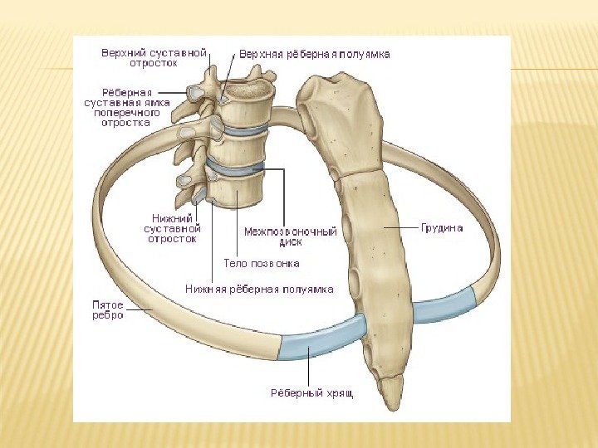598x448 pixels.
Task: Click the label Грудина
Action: click(442, 227)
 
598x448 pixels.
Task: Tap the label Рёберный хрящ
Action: click(311, 392)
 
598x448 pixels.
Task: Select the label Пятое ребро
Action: click(108, 309)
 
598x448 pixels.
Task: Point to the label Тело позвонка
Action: click(262, 263)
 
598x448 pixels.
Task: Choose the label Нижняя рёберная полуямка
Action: click(259, 290)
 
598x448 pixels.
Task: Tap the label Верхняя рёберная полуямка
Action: click(315, 54)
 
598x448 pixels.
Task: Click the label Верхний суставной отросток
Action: click(154, 57)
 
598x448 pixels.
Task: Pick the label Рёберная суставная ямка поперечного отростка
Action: click(126, 107)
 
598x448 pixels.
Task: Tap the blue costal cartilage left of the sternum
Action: click(322, 337)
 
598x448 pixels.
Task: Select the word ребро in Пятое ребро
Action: click(108, 315)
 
